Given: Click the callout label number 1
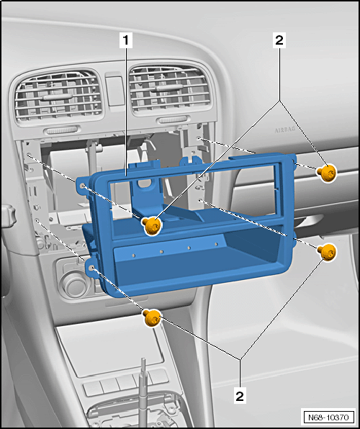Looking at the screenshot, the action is point(126,40).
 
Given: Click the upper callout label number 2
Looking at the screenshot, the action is point(279,40).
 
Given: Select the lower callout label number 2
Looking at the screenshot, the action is point(240,396).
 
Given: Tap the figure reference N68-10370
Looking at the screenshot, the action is point(328,417).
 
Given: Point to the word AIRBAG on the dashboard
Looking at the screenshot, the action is point(285,130).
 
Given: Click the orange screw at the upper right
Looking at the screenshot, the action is point(326,173).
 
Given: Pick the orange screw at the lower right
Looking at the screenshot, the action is point(327,252).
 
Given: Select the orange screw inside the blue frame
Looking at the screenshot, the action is point(151,225).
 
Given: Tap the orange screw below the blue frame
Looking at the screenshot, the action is point(152,317).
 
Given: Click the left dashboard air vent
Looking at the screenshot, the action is point(59,96).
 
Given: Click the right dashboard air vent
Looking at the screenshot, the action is point(170,89).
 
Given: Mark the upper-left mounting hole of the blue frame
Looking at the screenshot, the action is point(82,186).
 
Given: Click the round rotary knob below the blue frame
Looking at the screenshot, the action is point(74,283).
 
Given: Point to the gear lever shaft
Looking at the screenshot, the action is point(143,392).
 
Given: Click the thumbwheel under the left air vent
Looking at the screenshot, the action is point(62,130).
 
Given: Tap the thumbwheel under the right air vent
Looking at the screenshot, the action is point(173,119).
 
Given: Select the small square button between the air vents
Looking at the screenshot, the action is point(115,90).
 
